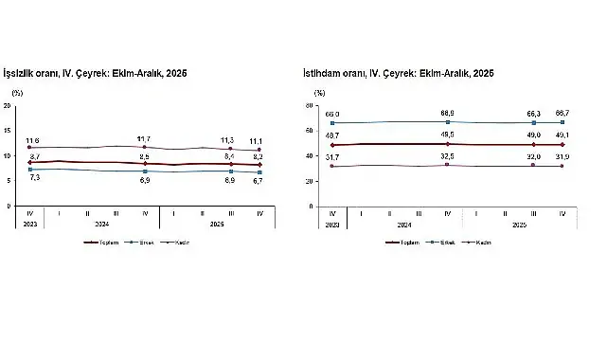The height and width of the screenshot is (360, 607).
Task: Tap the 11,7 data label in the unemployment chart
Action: pyautogui.click(x=144, y=138)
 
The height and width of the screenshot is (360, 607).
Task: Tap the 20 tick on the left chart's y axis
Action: pyautogui.click(x=9, y=106)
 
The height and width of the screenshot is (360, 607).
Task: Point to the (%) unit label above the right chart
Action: pyautogui.click(x=319, y=94)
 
